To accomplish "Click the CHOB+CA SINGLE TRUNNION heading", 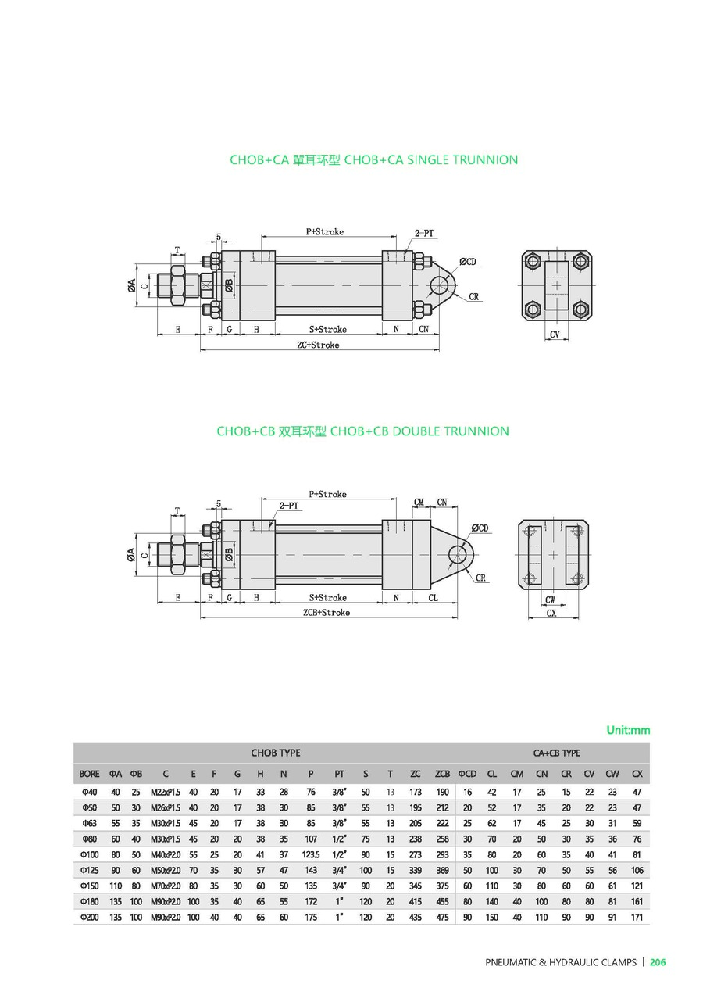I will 373,160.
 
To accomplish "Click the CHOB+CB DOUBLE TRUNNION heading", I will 362,431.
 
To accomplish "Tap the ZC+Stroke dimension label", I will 318,345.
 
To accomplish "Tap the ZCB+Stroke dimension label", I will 327,613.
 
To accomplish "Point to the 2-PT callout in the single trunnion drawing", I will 425,232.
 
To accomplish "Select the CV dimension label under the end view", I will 555,334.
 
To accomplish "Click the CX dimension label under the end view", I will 551,614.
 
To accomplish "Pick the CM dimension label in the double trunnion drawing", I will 419,503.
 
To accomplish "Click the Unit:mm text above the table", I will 628,730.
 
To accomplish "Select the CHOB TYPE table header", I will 275,753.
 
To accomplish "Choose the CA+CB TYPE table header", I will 556,753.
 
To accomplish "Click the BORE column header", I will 89,774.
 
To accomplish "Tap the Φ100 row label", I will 89,854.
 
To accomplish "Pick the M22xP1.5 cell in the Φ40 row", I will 166,792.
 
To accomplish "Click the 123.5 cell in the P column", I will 311,854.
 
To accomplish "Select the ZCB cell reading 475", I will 442,917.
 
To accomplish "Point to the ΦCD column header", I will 467,774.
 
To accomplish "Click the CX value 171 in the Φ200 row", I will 637,917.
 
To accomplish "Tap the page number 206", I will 658,962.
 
